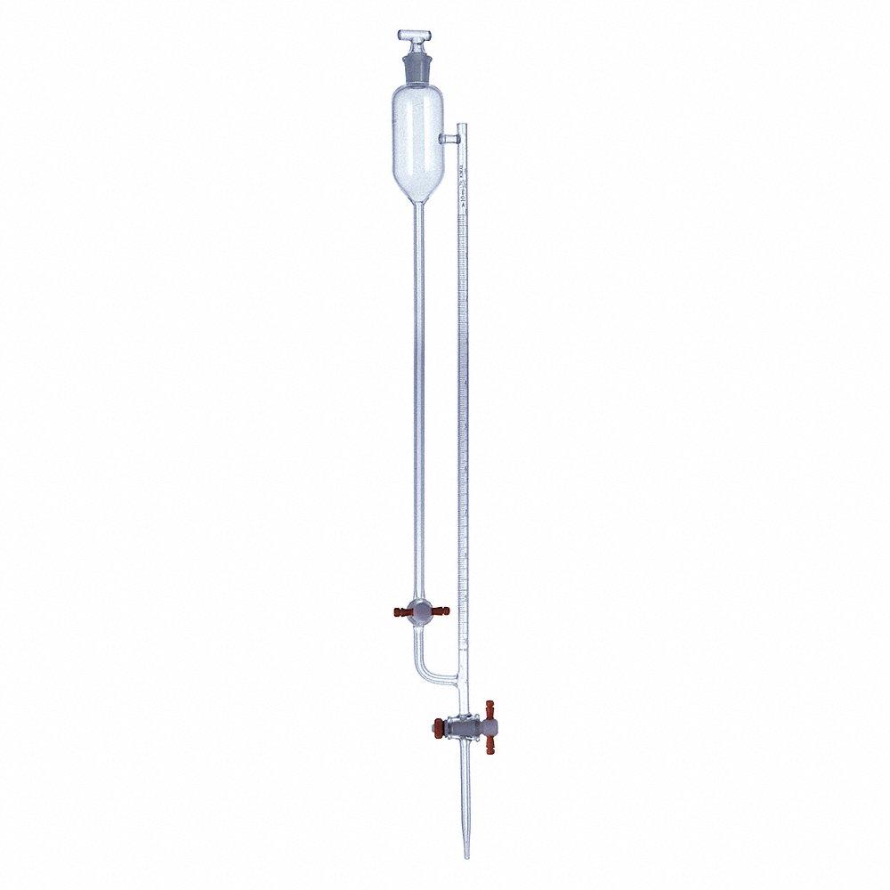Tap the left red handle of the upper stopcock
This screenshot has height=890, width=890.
click(396, 611)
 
